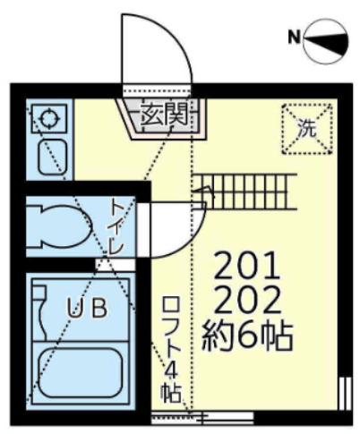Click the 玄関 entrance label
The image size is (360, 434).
click(x=164, y=114)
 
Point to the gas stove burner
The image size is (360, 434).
click(x=45, y=117)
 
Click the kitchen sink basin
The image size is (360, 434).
click(x=48, y=158)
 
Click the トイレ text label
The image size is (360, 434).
click(x=116, y=226)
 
